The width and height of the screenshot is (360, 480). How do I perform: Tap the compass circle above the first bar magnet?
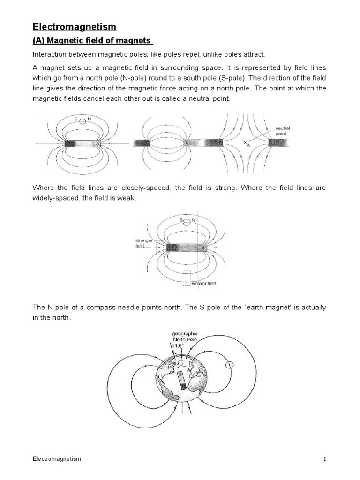tap(82, 121)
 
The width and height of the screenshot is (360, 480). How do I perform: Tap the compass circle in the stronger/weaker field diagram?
tap(187, 222)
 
